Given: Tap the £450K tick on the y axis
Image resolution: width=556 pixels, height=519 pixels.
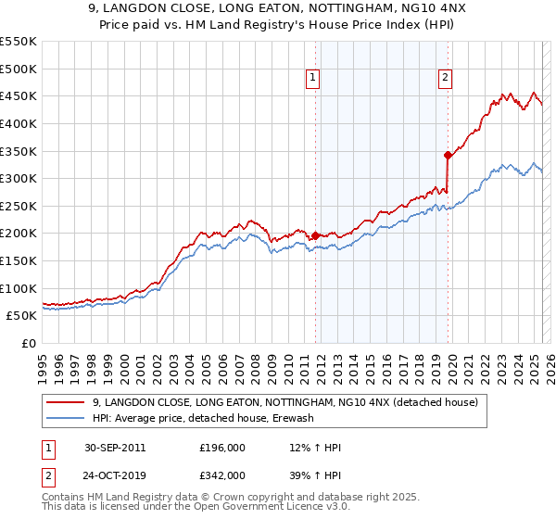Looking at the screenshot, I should (19, 95).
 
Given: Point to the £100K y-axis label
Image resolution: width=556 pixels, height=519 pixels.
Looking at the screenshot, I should (19, 288).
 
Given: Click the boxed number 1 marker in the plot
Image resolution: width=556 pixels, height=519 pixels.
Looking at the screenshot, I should (314, 78).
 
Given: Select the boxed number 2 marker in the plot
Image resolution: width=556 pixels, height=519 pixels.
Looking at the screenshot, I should (446, 78).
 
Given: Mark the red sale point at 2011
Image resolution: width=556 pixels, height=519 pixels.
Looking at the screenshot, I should (315, 235).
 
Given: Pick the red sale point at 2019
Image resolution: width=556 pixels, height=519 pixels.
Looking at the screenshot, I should (448, 155).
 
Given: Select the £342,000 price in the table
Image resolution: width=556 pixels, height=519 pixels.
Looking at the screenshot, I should (221, 475).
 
